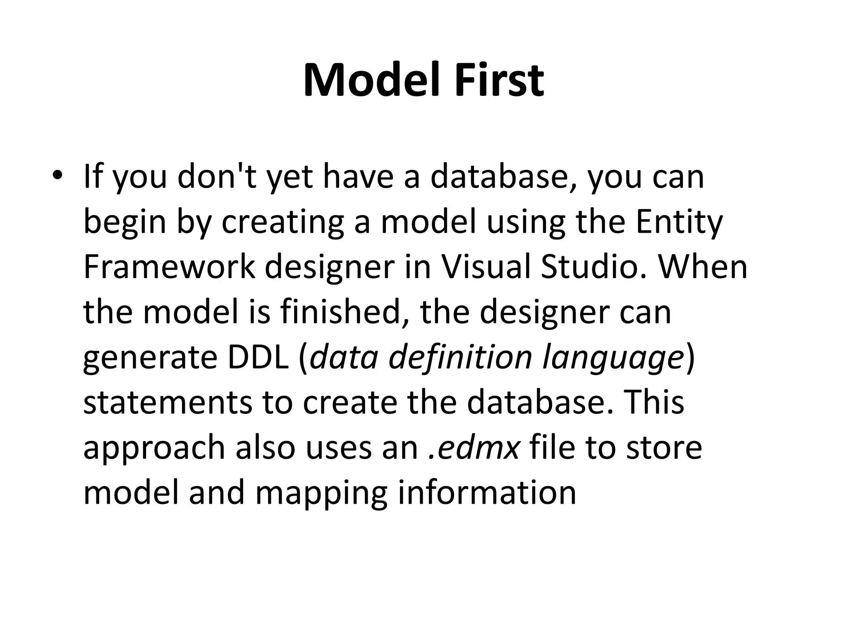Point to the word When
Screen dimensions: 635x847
[x=703, y=267]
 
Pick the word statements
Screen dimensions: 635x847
[x=167, y=403]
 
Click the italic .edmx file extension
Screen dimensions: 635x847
[x=474, y=448]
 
